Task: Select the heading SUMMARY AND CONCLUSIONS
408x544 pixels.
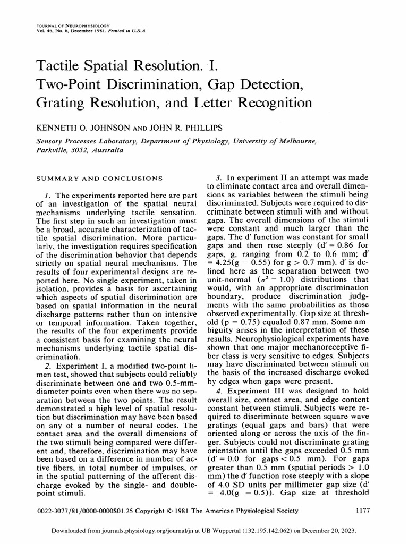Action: click(98, 177)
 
